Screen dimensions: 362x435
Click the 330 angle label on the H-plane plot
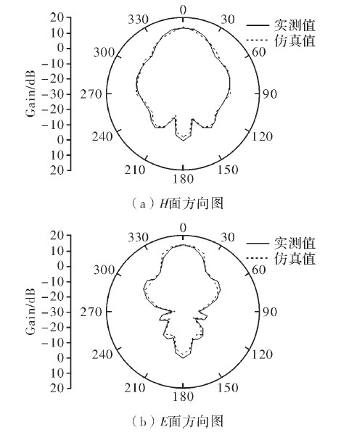[138, 20]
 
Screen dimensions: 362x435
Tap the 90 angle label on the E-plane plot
[270, 312]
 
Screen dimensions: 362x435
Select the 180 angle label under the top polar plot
[183, 179]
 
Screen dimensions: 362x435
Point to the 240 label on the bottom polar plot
[102, 355]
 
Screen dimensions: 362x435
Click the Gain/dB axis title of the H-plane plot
[30, 94]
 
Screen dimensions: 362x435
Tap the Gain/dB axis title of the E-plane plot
[30, 311]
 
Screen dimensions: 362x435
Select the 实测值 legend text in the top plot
[295, 25]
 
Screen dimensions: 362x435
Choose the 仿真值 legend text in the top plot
[295, 41]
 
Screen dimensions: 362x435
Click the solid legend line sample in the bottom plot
[257, 244]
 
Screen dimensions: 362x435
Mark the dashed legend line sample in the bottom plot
[257, 259]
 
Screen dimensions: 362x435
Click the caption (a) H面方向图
[176, 204]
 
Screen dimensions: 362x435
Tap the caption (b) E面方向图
[176, 422]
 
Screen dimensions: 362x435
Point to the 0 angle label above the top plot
[183, 11]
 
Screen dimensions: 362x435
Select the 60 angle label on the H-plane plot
[259, 52]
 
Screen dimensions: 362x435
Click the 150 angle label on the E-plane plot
[228, 388]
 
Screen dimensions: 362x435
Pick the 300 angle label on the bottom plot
[104, 270]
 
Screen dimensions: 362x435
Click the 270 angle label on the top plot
[91, 94]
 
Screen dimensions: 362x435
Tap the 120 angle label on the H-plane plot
[262, 136]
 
